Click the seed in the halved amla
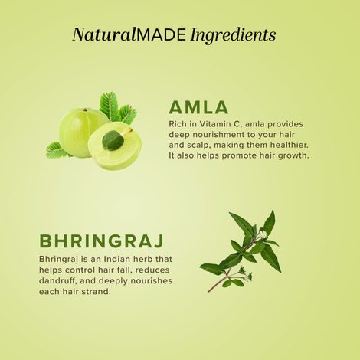[113, 140]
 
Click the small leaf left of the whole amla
[56, 150]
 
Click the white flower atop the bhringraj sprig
[263, 233]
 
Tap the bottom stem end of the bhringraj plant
[209, 290]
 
